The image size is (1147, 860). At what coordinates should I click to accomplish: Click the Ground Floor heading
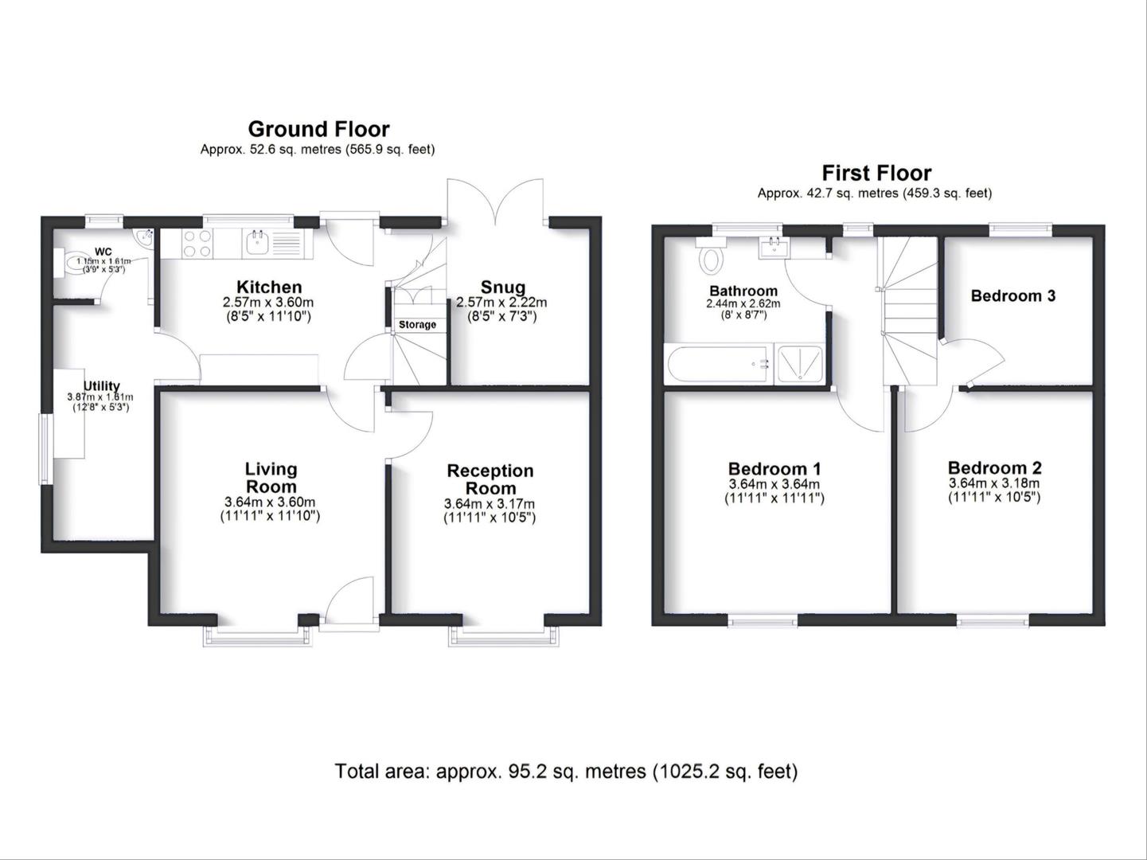click(x=318, y=129)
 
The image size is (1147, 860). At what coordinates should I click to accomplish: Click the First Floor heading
click(x=876, y=173)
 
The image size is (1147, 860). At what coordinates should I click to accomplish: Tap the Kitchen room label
click(x=269, y=287)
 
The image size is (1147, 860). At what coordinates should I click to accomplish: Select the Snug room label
click(x=502, y=287)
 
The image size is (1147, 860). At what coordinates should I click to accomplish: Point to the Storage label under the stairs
click(x=417, y=325)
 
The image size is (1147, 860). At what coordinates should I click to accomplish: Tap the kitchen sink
click(x=257, y=243)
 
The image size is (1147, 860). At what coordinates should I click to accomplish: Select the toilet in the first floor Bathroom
click(x=711, y=258)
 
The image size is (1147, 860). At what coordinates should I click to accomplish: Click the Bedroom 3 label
click(x=1012, y=296)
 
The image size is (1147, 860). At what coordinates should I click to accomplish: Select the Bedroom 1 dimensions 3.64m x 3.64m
click(x=774, y=484)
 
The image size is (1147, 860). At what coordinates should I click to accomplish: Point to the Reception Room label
click(x=490, y=479)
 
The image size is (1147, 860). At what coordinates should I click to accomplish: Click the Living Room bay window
click(x=257, y=634)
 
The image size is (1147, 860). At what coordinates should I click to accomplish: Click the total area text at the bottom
click(x=566, y=771)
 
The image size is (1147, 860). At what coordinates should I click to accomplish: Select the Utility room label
click(x=101, y=386)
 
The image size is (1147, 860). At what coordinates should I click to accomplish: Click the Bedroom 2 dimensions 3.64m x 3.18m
click(x=994, y=483)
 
